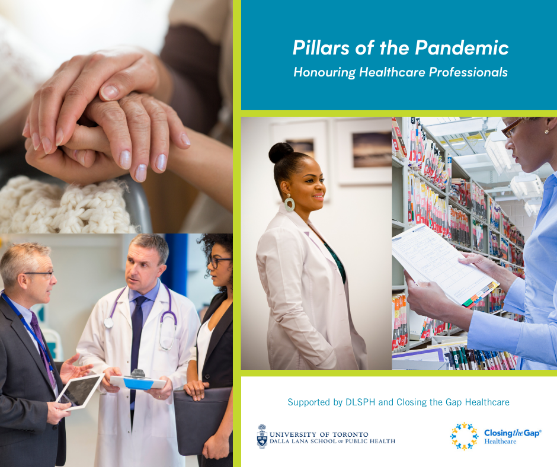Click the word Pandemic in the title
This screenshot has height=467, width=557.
pos(462,47)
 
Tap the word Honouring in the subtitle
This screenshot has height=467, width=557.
pos(324,72)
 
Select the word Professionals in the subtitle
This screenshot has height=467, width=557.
pos(468,72)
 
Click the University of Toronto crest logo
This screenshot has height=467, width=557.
pos(262,436)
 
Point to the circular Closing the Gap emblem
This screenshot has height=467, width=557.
pos(465,436)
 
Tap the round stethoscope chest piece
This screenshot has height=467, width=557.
pos(108,322)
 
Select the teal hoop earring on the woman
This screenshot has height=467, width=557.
pos(289,203)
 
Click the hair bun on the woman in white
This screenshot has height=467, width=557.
pos(281,152)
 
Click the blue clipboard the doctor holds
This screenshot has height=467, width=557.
pos(138,382)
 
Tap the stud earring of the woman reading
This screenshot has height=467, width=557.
pos(546,132)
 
